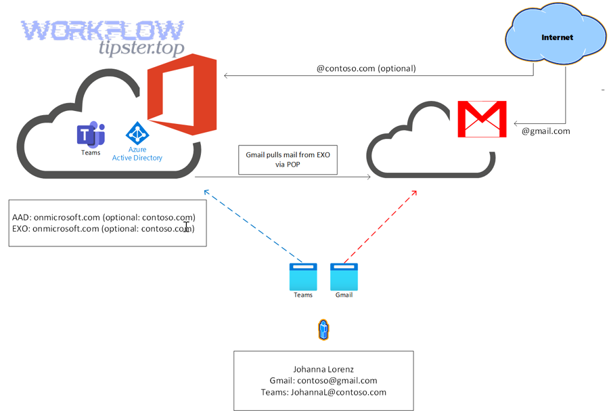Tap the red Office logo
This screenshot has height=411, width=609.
pyautogui.click(x=182, y=95)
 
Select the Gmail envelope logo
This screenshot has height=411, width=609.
pyautogui.click(x=482, y=119)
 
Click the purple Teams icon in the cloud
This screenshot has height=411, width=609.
pyautogui.click(x=91, y=135)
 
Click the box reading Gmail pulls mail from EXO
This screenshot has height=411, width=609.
pyautogui.click(x=288, y=159)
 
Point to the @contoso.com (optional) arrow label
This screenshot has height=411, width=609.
pyautogui.click(x=366, y=68)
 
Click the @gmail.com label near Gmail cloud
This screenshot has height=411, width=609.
pyautogui.click(x=545, y=131)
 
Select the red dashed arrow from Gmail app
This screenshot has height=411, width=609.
pyautogui.click(x=380, y=226)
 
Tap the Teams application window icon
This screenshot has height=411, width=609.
pyautogui.click(x=303, y=276)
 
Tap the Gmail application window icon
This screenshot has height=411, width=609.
pyautogui.click(x=344, y=276)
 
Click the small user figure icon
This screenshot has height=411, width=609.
pyautogui.click(x=323, y=330)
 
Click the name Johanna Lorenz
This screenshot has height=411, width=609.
pyautogui.click(x=323, y=369)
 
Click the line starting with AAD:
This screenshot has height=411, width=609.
pyautogui.click(x=104, y=217)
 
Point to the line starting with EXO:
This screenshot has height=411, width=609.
pyautogui.click(x=104, y=229)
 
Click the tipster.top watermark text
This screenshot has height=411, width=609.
pyautogui.click(x=141, y=48)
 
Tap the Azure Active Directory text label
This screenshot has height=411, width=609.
pyautogui.click(x=137, y=154)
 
